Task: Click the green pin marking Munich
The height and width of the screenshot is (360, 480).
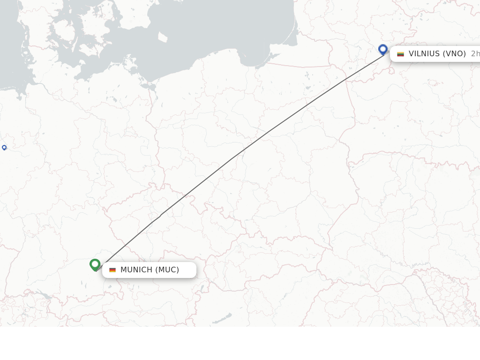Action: [x=95, y=265]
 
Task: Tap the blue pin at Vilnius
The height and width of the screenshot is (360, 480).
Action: [x=383, y=49]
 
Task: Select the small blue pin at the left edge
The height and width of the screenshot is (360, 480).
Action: [x=4, y=148]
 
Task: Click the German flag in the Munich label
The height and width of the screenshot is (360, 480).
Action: [x=112, y=270]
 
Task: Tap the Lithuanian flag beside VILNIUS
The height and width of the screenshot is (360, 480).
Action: [x=400, y=54]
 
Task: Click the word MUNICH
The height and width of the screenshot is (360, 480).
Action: [x=136, y=270]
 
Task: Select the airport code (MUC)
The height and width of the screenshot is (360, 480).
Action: [x=167, y=270]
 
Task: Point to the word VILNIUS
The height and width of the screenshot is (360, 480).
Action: [x=425, y=53]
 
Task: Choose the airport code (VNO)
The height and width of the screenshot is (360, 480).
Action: [x=455, y=53]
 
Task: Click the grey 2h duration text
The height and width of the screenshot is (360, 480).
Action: [x=475, y=53]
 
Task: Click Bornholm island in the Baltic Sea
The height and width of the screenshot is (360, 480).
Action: [x=162, y=37]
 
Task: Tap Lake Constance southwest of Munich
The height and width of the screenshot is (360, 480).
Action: [x=45, y=295]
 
